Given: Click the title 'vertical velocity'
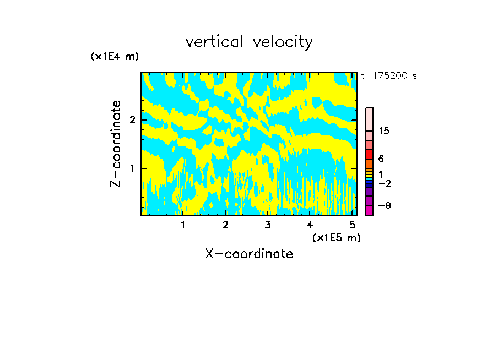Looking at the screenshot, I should coord(249,42).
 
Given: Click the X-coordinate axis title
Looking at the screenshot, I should coord(249,254).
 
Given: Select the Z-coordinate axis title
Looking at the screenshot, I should coord(116,144).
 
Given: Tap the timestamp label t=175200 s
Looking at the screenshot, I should coord(389,76).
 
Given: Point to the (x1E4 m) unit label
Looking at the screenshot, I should coord(115,57).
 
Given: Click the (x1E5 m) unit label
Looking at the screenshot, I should coord(336,237).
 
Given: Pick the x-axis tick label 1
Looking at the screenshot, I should coord(183,225).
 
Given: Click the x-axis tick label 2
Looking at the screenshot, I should coord(225,225).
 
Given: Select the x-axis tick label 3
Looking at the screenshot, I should coord(268,225).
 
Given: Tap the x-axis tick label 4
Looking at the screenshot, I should coord(310,225).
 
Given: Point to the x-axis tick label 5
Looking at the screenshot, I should coord(352,225).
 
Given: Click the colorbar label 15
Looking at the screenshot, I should coord(384,131).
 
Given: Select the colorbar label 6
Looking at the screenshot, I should coord(381,159).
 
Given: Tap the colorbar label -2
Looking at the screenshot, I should coord(384,183).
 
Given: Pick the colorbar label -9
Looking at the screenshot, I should coord(384,205).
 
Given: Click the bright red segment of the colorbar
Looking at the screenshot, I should coord(369,154).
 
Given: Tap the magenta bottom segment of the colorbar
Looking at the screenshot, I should coord(369,210).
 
